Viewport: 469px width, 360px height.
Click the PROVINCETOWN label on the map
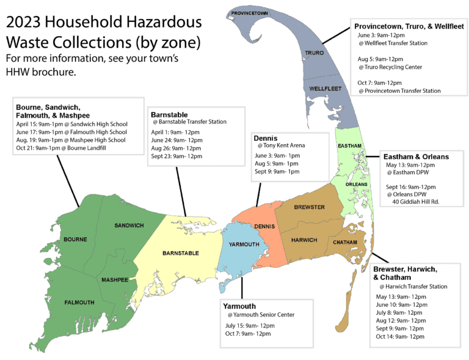point(250,12)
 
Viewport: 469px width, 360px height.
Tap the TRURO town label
point(313,54)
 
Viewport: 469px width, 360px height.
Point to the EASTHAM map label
point(350,145)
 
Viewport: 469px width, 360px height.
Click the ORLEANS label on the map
point(357,184)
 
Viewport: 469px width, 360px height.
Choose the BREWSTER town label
point(309,207)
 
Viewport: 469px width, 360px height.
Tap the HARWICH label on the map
point(304,240)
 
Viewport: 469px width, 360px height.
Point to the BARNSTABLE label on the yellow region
point(180,252)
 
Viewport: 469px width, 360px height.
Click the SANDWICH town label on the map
point(129,226)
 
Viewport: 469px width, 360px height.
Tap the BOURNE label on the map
point(75,239)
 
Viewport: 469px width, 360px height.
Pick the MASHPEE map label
point(115,280)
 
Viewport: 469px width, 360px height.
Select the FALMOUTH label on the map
point(79,302)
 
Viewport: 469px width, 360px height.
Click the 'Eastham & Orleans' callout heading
point(415,156)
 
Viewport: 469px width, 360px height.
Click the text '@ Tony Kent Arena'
point(282,145)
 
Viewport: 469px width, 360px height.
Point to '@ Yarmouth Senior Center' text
point(260,315)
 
